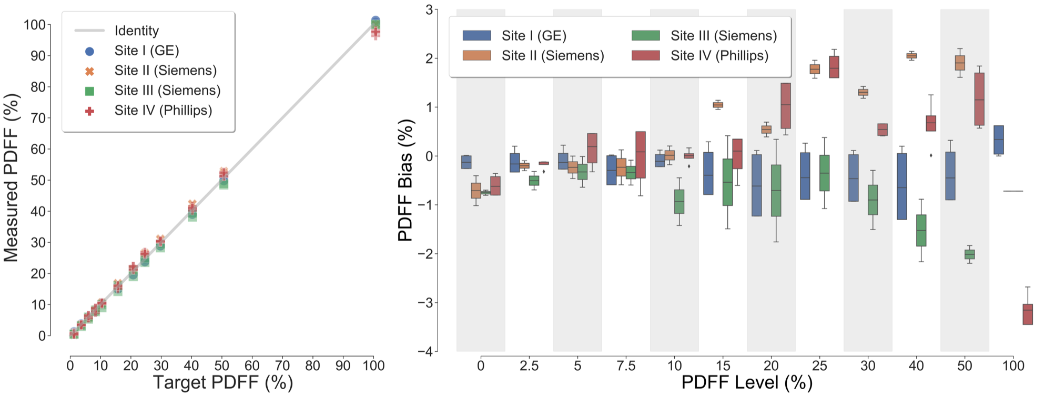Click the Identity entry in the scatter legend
[136, 31]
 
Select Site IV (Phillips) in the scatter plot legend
[163, 111]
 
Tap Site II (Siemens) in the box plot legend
[552, 56]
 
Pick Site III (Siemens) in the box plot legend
[723, 36]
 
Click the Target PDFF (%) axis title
[222, 382]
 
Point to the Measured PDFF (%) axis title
[12, 178]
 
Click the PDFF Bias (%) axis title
[405, 181]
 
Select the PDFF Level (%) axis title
[747, 382]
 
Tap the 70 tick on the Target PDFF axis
[282, 366]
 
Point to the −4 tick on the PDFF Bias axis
[424, 351]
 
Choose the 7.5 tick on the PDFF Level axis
[626, 366]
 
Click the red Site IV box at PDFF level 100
[1027, 314]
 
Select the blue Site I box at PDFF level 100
[998, 140]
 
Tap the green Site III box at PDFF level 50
[969, 254]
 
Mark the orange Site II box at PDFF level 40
[911, 55]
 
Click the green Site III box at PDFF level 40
[921, 230]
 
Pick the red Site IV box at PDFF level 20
[786, 105]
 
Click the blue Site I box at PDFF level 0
[466, 162]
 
